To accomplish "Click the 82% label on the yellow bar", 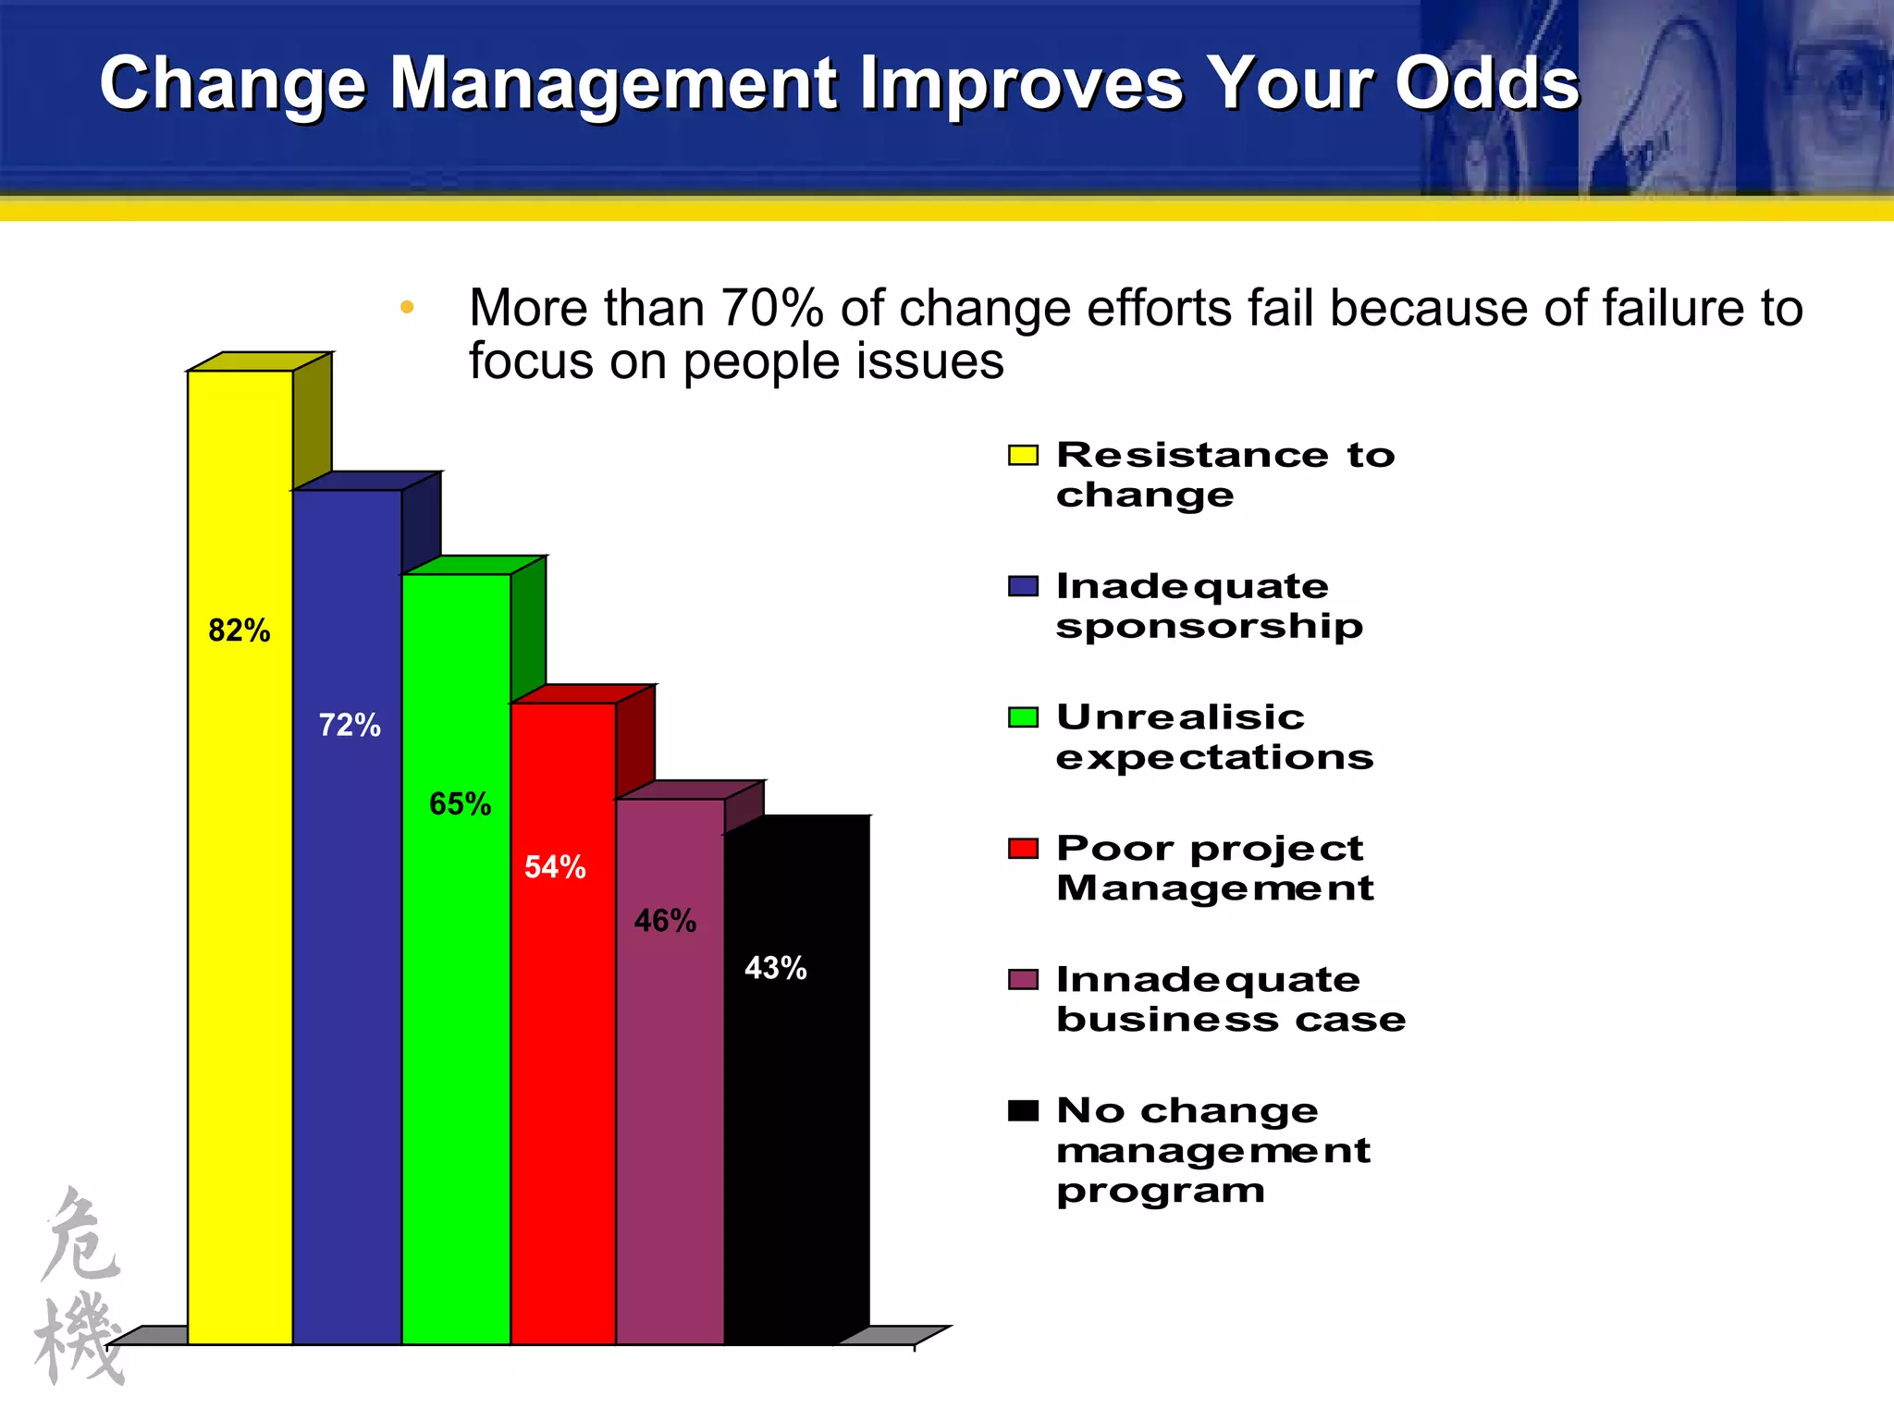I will [240, 630].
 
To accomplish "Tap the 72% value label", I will [350, 725].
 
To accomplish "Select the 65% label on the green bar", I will [460, 803].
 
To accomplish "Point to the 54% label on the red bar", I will [555, 866].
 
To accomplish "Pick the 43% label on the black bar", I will [775, 968].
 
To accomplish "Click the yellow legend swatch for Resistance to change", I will [1023, 455].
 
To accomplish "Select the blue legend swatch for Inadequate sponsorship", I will [1023, 586].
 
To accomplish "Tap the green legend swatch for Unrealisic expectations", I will [1023, 717].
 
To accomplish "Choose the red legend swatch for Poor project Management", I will [1023, 849].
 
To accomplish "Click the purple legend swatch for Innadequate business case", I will [1023, 980].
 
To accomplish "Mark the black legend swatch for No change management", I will [1023, 1110].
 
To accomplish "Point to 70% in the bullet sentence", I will [771, 308].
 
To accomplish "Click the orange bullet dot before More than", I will [407, 308].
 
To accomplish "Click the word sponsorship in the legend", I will [1209, 627].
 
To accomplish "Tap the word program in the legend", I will [1161, 1192].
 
